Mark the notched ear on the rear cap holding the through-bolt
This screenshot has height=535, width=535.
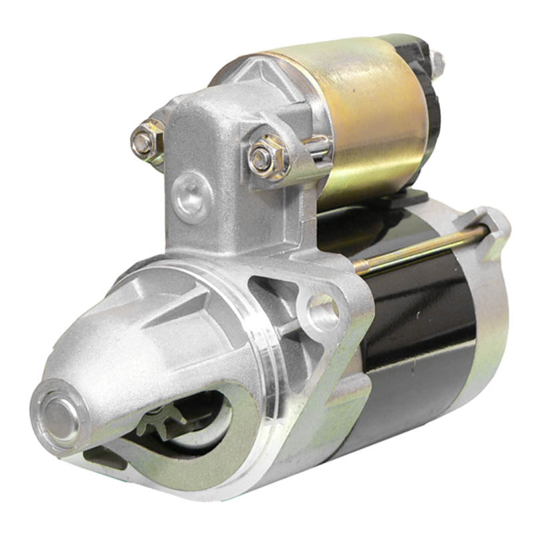(492, 224)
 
